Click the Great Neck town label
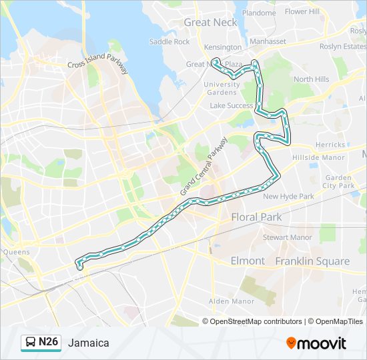coord(210,23)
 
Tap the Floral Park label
coord(256,217)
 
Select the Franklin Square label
coord(312,261)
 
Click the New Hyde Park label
coord(288,197)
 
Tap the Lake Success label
coord(232,106)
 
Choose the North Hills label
coord(311,79)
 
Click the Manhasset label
coord(268,41)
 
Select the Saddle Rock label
coord(169,41)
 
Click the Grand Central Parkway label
coord(204,167)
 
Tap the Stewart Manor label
coord(287,237)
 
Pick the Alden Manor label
coord(231,301)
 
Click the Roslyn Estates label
coord(343,47)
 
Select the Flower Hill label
coord(302,12)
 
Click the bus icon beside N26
coord(31,343)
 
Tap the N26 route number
coord(49,343)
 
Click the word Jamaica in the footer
coord(88,343)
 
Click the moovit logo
coord(316,343)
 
